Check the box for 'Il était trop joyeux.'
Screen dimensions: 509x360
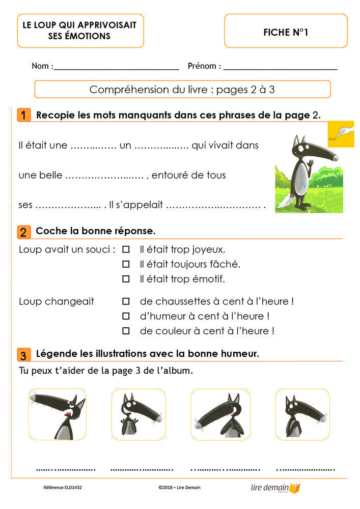(126, 249)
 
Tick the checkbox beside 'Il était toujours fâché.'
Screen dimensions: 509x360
(126, 264)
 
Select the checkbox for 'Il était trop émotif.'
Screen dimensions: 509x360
(126, 279)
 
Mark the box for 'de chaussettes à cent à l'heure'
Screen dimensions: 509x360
(126, 301)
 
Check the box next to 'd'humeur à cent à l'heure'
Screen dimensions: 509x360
(126, 316)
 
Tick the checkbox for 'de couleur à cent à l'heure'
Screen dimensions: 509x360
(126, 331)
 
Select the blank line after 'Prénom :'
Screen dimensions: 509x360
(280, 67)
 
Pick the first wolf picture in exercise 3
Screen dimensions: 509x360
(57, 414)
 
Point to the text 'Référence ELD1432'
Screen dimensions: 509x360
(63, 488)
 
